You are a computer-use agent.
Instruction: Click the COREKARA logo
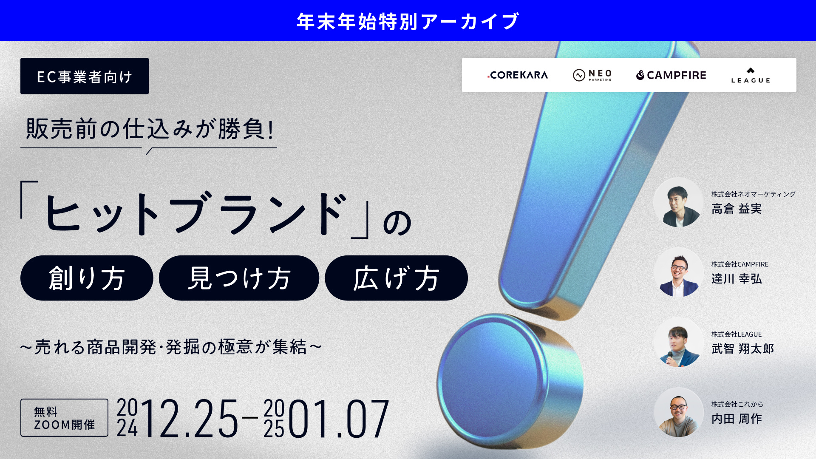518,75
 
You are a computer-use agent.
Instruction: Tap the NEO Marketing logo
592,75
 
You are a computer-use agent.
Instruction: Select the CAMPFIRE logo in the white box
671,75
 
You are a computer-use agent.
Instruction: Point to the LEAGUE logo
751,75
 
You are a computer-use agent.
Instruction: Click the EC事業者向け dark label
85,76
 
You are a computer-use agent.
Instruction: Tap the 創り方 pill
87,278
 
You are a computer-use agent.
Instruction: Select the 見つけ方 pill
239,278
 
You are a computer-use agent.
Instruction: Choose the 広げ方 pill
396,278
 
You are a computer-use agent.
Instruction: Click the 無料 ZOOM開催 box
64,417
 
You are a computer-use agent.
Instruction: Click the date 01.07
338,419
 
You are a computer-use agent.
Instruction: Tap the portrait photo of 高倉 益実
678,202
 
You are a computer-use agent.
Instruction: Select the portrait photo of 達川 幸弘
678,272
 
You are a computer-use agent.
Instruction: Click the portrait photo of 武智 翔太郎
678,343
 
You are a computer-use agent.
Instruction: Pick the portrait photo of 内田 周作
678,412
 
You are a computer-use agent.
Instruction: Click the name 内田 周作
737,419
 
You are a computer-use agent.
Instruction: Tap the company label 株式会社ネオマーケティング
754,194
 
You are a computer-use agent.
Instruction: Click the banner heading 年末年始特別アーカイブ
408,21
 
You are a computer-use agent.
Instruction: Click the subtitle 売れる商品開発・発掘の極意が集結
171,347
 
